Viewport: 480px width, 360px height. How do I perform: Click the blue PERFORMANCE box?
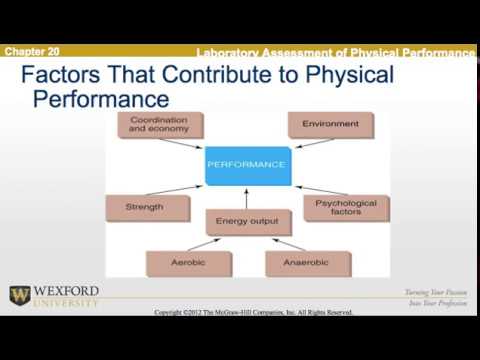point(245,164)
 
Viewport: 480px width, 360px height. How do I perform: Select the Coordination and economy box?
point(159,125)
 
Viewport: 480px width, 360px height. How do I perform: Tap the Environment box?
point(331,125)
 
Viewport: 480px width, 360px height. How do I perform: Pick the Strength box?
point(145,208)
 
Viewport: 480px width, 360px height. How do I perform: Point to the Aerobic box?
point(188,262)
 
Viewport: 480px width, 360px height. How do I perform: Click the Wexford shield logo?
point(20,296)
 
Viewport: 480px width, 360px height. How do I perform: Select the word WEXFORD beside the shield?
point(66,291)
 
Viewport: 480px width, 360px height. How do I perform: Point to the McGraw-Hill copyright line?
point(254,312)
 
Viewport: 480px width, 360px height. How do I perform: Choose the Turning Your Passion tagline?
point(437,292)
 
